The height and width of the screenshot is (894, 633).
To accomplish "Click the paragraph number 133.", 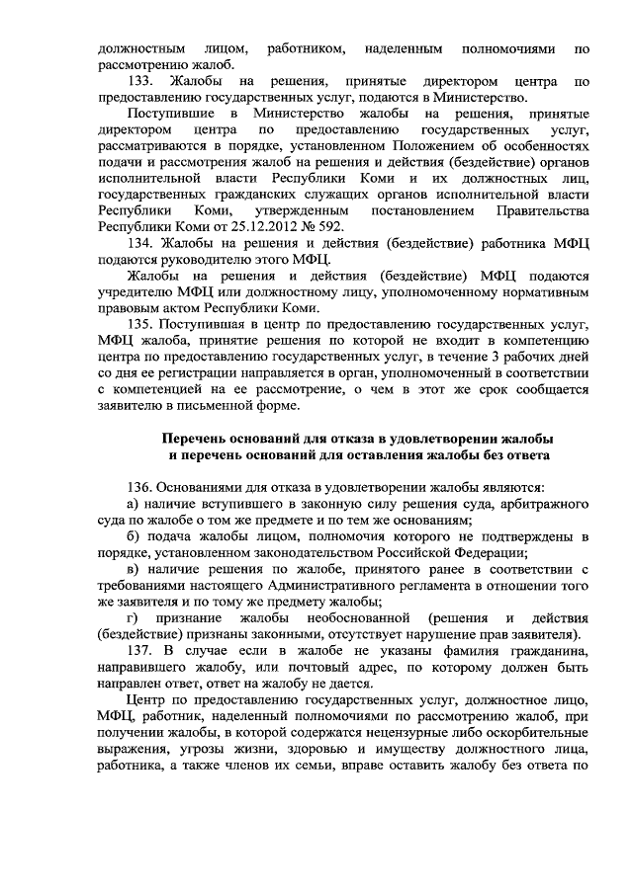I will click(x=142, y=81).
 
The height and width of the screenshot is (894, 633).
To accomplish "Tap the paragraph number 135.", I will click(x=142, y=323).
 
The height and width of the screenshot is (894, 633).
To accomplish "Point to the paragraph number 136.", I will click(x=142, y=485).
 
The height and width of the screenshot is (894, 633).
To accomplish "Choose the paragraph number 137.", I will click(x=142, y=647).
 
